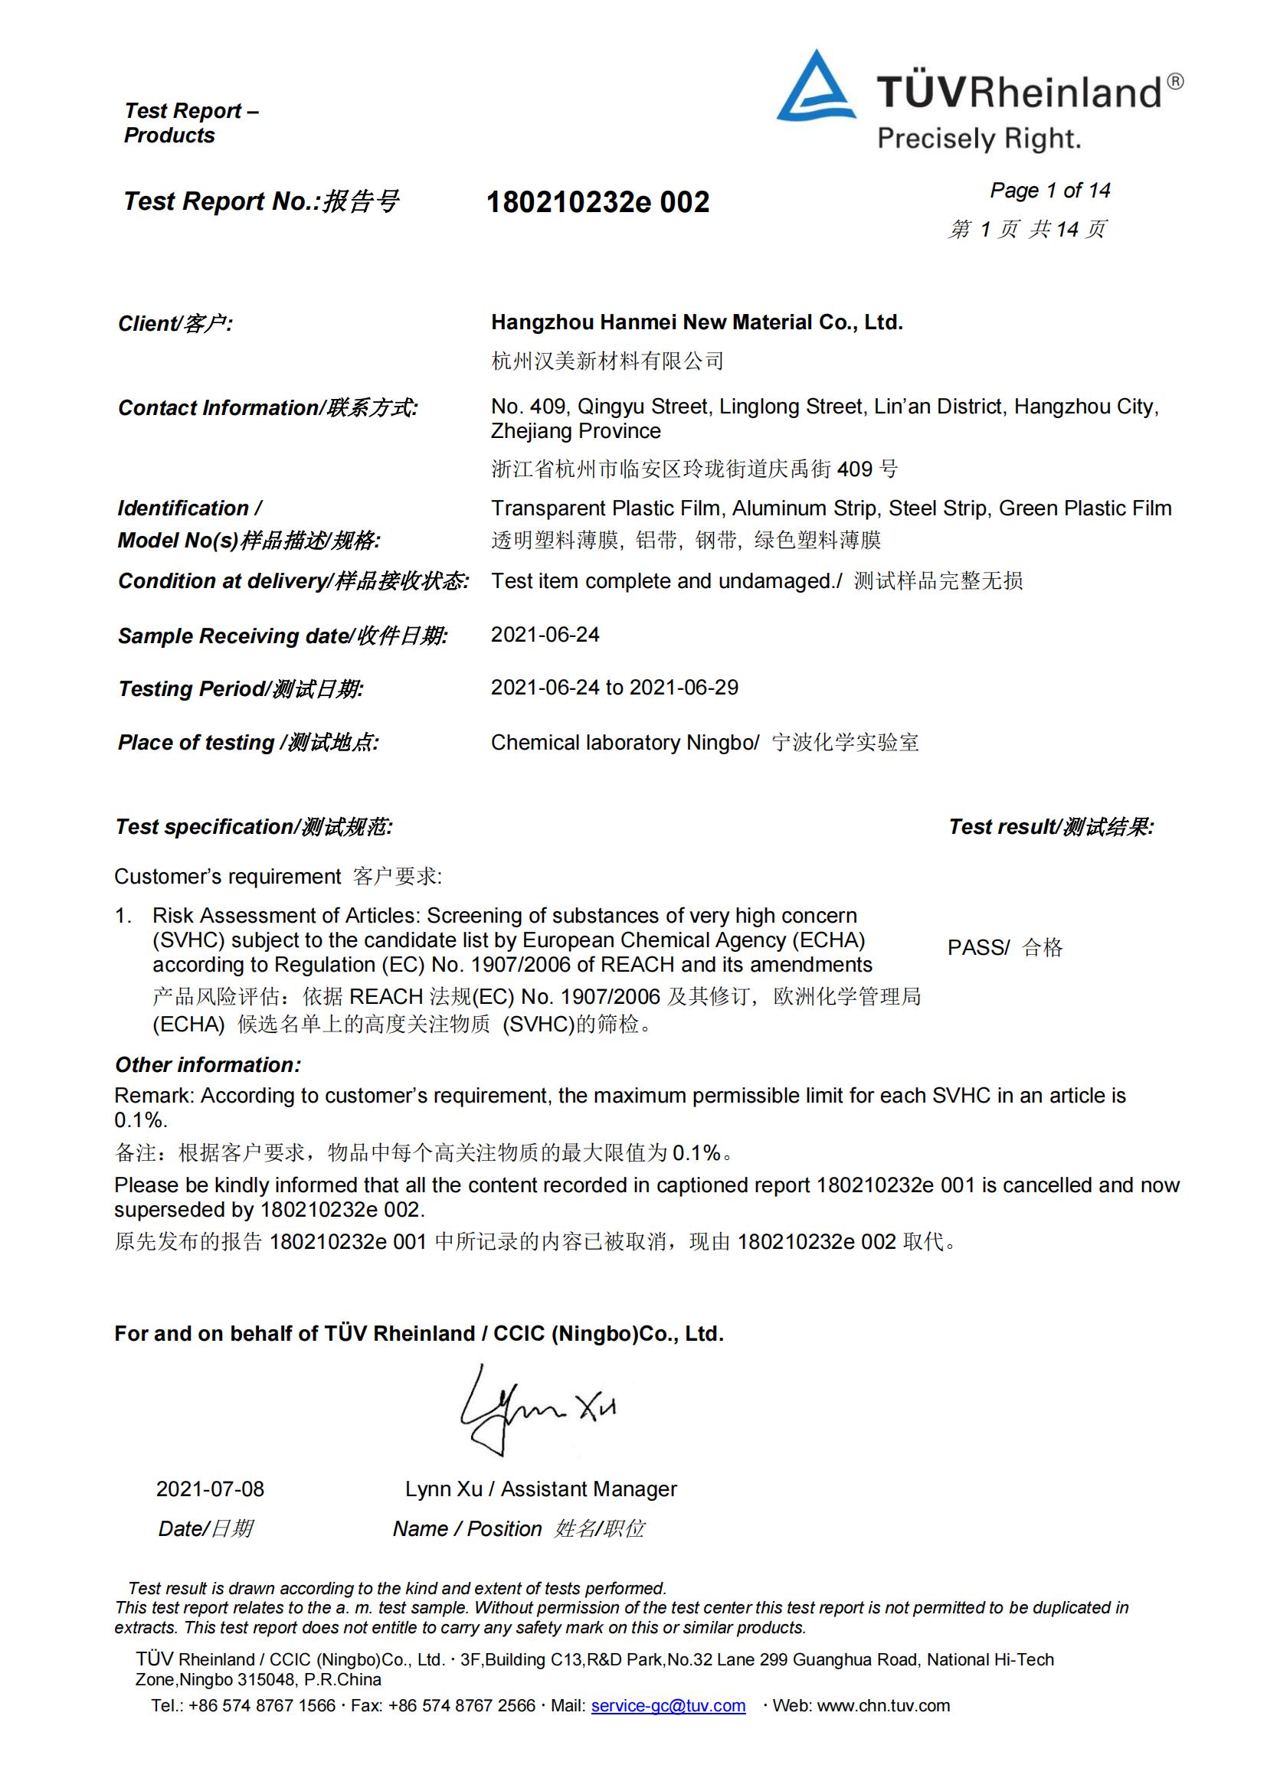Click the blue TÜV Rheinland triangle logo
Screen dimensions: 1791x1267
816,90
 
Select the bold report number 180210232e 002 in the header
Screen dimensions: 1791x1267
597,203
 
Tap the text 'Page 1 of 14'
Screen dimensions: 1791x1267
1049,191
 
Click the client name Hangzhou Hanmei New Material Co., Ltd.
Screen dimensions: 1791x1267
696,322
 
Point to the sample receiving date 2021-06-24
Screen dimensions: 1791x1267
545,635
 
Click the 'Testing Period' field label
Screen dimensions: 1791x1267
241,689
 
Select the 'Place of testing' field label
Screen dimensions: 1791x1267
248,743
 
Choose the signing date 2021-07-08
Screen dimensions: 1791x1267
210,1489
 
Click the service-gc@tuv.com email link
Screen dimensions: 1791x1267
668,1706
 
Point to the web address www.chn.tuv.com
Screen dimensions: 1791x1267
883,1706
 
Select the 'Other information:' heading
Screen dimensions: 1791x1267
208,1065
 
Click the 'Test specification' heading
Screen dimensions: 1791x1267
254,827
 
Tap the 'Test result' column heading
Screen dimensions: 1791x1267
1051,827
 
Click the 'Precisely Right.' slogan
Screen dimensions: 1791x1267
979,139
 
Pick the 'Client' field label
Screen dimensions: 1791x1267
175,324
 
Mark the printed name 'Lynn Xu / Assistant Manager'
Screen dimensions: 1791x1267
541,1489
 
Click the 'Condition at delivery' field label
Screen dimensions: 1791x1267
293,581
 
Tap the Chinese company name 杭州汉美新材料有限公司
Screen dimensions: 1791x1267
607,361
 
